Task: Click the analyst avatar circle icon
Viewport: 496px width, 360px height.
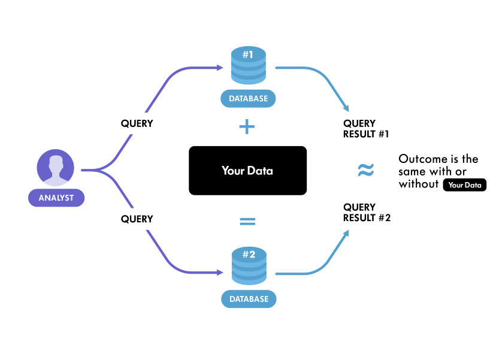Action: (56, 168)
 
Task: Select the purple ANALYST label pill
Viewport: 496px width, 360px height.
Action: (56, 198)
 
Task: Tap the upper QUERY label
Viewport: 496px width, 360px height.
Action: (137, 124)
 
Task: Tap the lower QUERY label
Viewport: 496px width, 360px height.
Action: (137, 219)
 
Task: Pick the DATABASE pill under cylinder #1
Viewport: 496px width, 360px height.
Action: (248, 98)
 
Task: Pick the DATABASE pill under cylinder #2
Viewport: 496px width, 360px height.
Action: (248, 298)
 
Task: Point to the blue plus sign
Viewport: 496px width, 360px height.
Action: (247, 127)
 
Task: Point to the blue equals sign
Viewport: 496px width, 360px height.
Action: (247, 221)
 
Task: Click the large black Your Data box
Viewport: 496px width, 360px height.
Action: (247, 171)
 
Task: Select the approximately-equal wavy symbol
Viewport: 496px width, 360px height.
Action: (365, 171)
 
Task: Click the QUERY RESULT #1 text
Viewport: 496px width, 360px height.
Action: (367, 129)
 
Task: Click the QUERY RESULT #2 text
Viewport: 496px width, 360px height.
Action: (367, 213)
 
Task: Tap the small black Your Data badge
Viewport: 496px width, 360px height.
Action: (465, 185)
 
